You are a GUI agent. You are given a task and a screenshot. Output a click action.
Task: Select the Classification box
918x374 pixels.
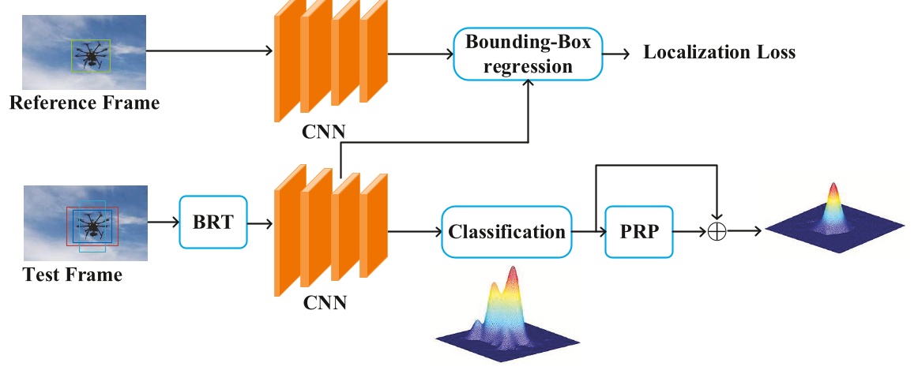(506, 232)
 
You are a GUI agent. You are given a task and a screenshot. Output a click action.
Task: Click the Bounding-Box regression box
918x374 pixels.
(528, 54)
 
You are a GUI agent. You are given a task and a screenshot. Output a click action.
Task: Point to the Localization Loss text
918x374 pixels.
(719, 53)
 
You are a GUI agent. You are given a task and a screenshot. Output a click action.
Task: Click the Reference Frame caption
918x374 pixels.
(84, 103)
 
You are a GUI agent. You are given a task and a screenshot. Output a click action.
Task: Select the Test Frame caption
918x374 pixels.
(73, 275)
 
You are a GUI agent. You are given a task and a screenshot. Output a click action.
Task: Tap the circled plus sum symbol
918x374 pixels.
(717, 232)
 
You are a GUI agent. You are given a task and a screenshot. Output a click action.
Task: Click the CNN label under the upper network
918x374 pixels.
(324, 132)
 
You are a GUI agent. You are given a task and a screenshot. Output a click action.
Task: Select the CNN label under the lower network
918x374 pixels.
(324, 302)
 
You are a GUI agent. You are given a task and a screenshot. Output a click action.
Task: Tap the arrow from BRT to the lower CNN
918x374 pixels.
(260, 223)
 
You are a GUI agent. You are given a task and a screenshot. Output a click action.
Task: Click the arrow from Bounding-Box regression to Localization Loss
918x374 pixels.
(617, 54)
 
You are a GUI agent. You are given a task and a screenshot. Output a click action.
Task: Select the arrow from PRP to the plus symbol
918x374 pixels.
(691, 232)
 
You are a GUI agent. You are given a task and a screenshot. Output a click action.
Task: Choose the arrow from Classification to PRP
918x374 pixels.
(586, 232)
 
